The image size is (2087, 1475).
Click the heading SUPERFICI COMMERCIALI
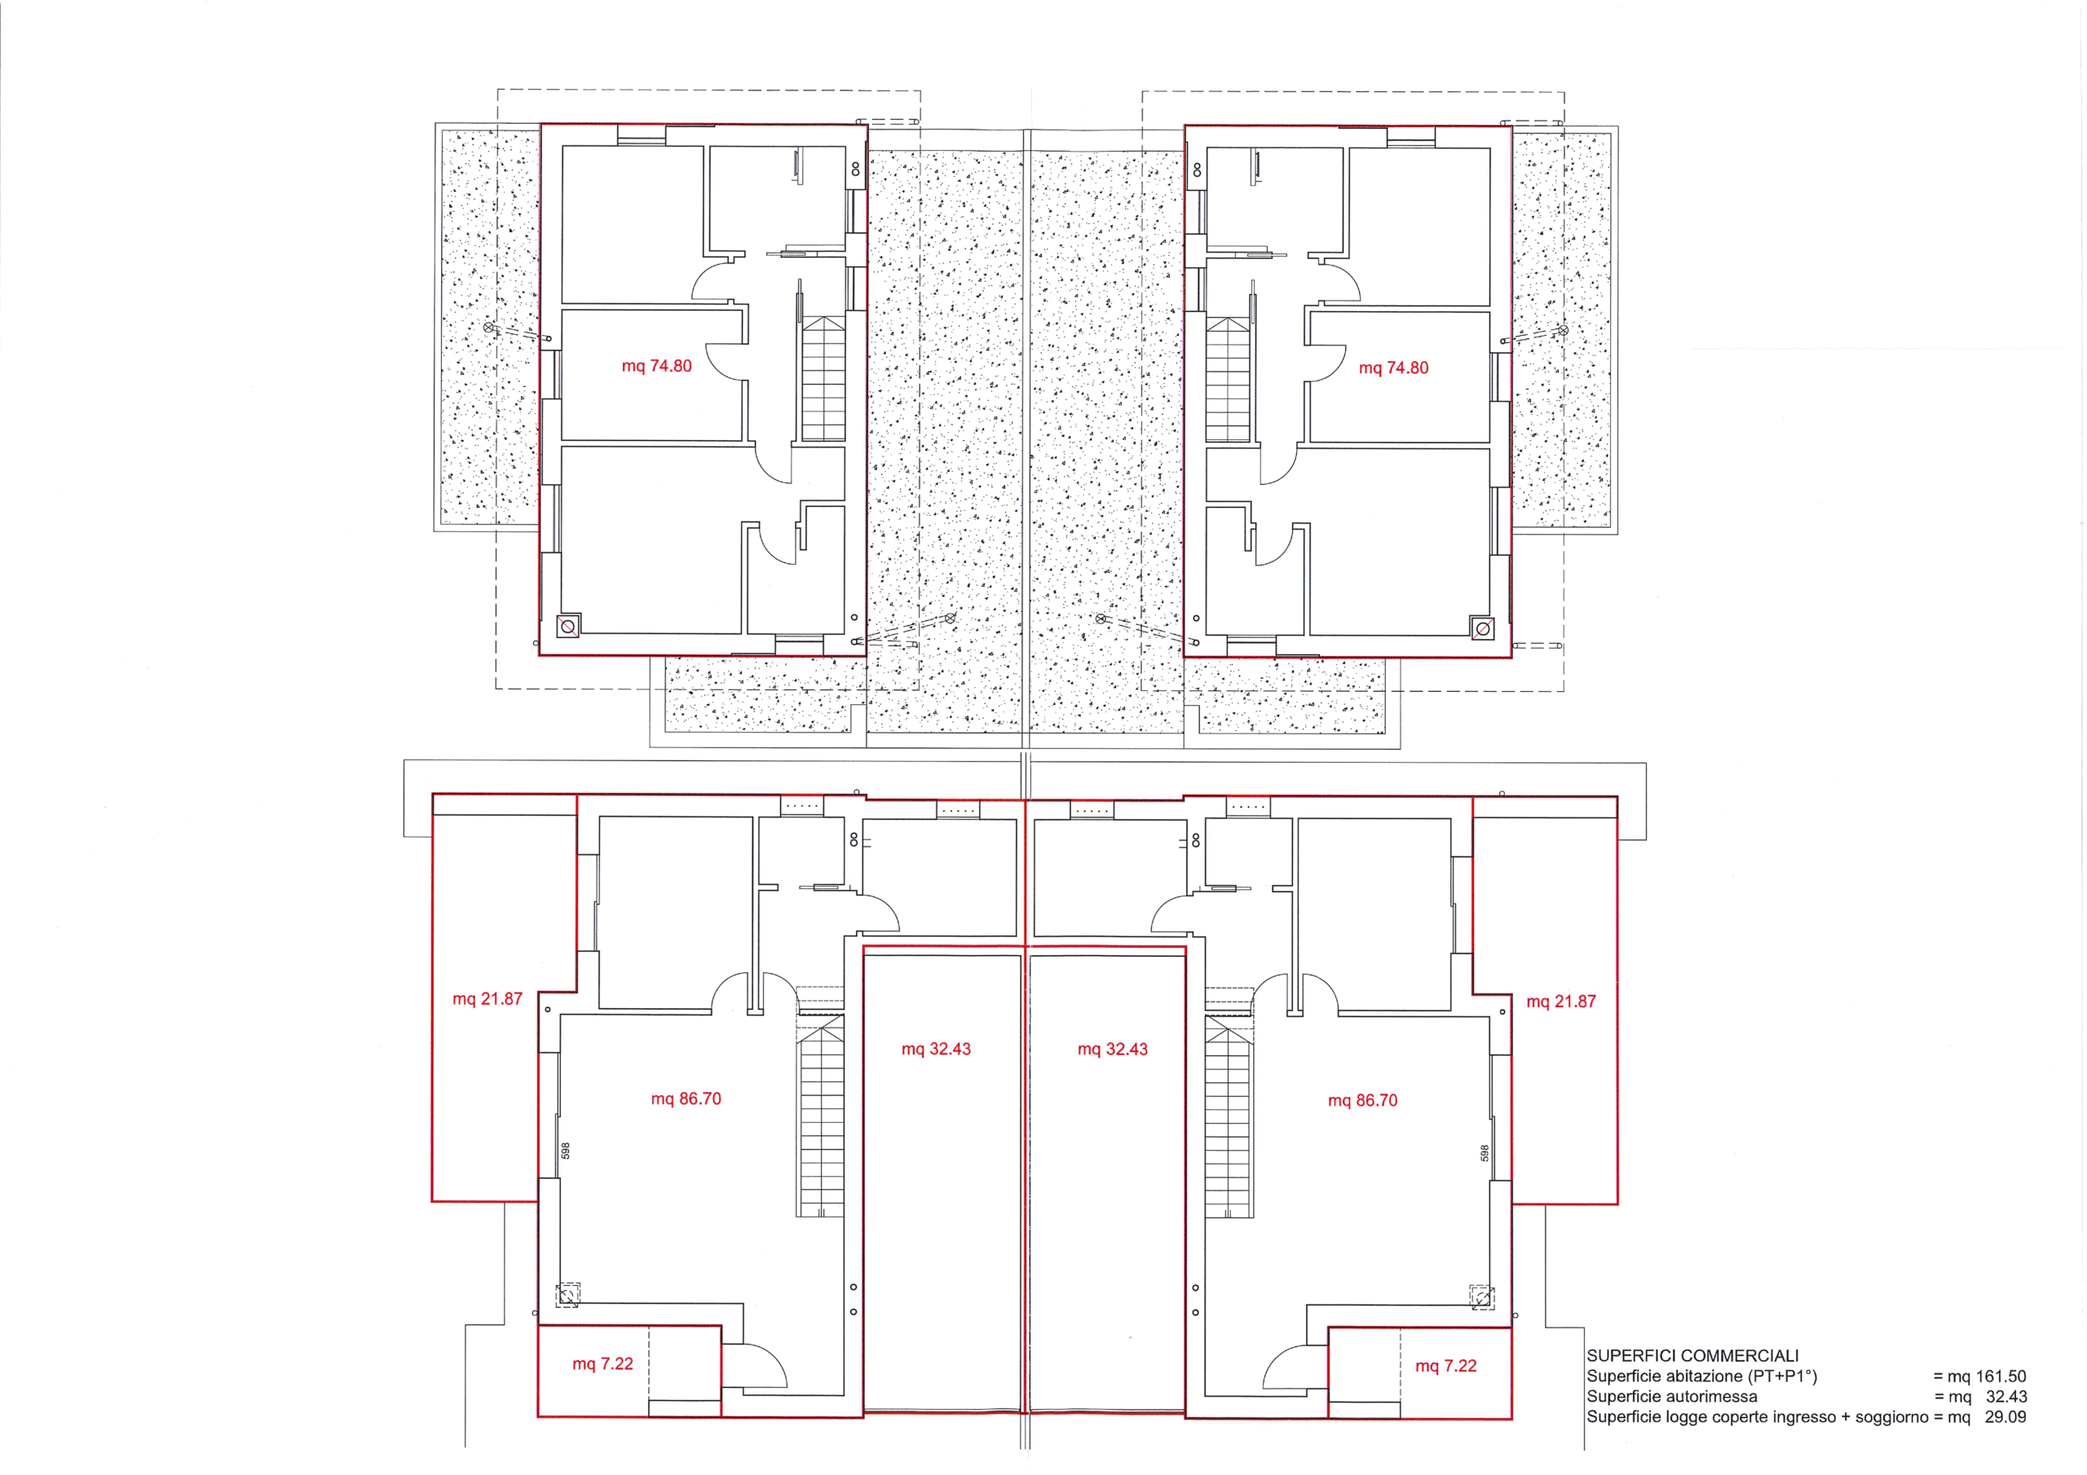point(1692,1356)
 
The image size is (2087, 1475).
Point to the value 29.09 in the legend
point(2005,1417)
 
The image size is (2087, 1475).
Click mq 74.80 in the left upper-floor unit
point(656,366)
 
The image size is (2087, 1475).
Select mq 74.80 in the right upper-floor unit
point(1393,368)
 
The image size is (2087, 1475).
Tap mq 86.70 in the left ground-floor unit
point(686,1099)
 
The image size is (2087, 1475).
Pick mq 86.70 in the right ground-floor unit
point(1362,1101)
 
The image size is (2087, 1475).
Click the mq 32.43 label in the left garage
point(936,1049)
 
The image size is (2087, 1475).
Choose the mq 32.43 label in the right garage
point(1113,1049)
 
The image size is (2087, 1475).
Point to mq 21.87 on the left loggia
point(488,999)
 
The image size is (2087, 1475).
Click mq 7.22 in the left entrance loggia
point(602,1364)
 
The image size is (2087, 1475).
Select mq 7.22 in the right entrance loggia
point(1446,1366)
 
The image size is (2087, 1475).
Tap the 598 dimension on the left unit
point(566,1151)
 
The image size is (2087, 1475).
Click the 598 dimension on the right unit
point(1485,1153)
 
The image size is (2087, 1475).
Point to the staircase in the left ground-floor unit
point(822,1115)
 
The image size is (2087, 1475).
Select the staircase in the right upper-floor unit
point(1228,379)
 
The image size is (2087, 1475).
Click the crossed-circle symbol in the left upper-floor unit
point(568,625)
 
